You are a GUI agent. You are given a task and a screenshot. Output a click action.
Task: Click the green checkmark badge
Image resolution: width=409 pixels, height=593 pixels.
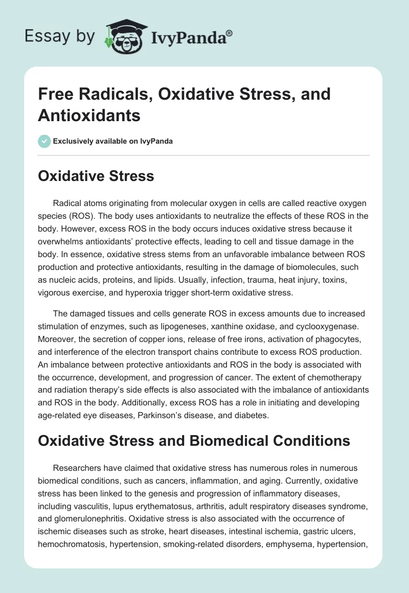click(44, 141)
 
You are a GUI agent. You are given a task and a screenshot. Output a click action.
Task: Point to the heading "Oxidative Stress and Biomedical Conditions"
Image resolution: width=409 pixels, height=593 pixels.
click(194, 440)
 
